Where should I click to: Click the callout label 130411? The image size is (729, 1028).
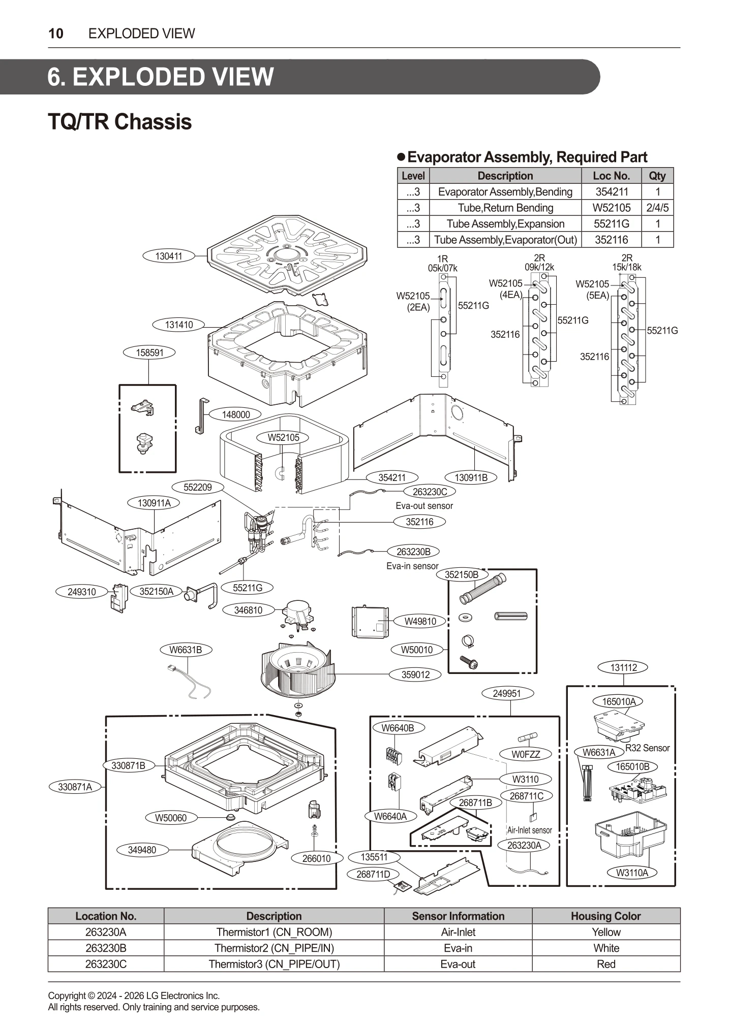click(168, 256)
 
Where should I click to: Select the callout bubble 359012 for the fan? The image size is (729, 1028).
click(415, 674)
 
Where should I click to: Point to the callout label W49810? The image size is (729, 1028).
click(420, 621)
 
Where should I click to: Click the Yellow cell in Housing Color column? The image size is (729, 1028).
click(606, 932)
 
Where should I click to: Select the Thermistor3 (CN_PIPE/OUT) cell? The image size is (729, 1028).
click(274, 964)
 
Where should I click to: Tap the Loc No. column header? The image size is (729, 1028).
click(611, 176)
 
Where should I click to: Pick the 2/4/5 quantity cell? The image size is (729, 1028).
click(657, 208)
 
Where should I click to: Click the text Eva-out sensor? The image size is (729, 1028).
click(424, 506)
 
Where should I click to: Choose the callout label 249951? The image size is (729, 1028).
click(507, 693)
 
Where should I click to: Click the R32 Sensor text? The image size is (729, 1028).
click(647, 748)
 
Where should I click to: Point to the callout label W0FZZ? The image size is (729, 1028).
click(526, 754)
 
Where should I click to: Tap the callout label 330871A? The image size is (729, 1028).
click(75, 787)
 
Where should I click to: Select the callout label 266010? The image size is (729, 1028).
click(316, 858)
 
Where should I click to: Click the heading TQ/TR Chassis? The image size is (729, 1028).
click(119, 122)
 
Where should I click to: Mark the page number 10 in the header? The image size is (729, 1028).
click(56, 34)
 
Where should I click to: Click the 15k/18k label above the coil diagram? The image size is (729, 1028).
click(626, 267)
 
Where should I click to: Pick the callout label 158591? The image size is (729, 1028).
click(150, 352)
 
